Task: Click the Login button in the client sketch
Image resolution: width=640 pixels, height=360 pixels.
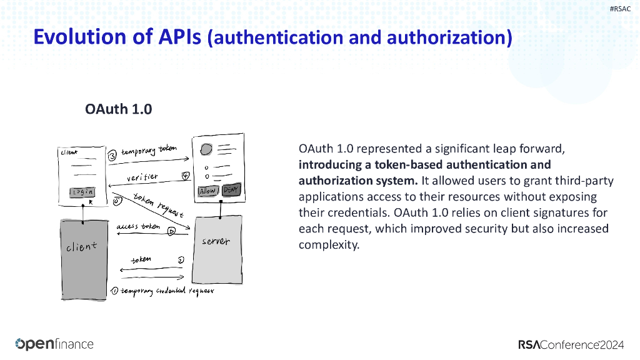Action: [82, 192]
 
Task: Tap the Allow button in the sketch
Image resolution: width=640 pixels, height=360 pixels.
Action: [207, 191]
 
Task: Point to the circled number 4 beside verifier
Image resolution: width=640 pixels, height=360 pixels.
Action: [185, 176]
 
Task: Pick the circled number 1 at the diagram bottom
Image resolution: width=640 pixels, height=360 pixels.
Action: [114, 291]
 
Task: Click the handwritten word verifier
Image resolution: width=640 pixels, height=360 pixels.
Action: [142, 178]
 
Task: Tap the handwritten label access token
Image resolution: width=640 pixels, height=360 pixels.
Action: [138, 227]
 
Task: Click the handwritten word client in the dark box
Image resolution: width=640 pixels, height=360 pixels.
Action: [82, 246]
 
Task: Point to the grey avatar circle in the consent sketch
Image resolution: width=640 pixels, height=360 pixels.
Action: [206, 150]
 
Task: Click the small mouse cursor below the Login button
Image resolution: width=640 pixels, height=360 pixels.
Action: [91, 202]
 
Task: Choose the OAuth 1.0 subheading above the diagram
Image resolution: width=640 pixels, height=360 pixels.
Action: [119, 109]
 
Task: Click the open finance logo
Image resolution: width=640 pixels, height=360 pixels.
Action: [54, 344]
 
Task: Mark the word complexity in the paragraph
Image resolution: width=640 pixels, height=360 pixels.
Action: [328, 244]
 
